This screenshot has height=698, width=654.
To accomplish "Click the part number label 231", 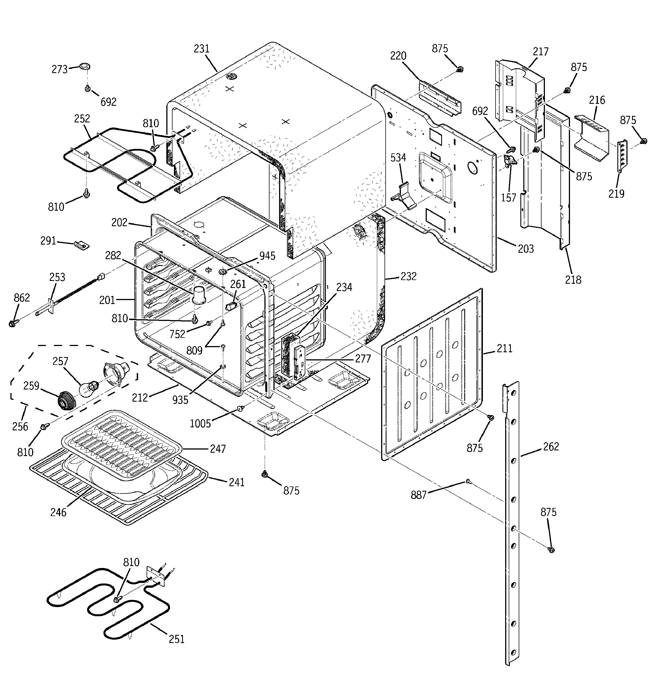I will point(202,49).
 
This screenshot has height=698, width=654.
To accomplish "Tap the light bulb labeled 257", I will point(87,389).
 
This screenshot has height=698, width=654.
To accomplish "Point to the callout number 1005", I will point(200,424).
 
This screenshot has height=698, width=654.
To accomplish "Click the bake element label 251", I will point(176,639).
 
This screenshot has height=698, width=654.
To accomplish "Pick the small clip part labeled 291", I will point(81,244).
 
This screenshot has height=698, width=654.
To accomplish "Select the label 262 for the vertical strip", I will point(551,447).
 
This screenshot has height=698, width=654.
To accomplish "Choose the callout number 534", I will point(398,158).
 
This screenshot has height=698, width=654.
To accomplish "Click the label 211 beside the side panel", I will point(505,349).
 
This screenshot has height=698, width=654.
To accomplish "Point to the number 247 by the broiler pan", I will point(218,449).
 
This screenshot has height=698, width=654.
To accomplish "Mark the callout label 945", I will point(267,256).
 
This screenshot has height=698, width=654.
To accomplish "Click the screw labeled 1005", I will point(240,408).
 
